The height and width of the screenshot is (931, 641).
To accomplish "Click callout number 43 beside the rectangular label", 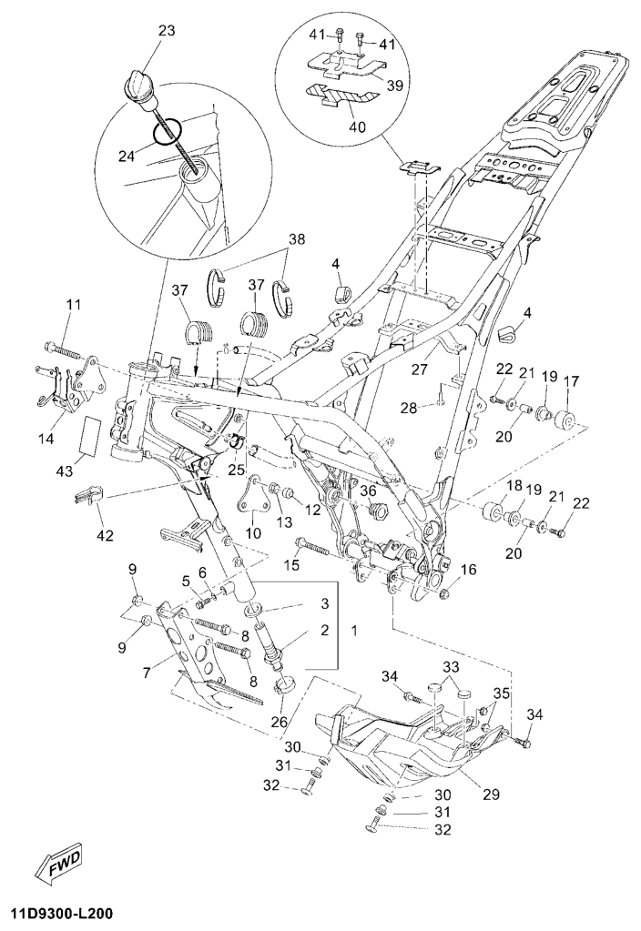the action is (x=65, y=472).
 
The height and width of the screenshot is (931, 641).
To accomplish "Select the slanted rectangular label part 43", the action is (x=92, y=434).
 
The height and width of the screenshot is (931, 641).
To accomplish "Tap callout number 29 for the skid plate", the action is (x=492, y=794).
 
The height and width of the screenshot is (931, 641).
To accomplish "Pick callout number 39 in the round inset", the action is (x=394, y=85).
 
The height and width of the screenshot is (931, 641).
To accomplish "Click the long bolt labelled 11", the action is (x=62, y=349).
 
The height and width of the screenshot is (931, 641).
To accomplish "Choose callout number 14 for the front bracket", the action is (x=46, y=439).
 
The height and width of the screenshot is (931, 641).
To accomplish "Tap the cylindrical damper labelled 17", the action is (x=565, y=420).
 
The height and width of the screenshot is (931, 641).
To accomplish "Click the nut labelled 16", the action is (x=450, y=591).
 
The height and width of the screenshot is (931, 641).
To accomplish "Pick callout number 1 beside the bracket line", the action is (x=354, y=630).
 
